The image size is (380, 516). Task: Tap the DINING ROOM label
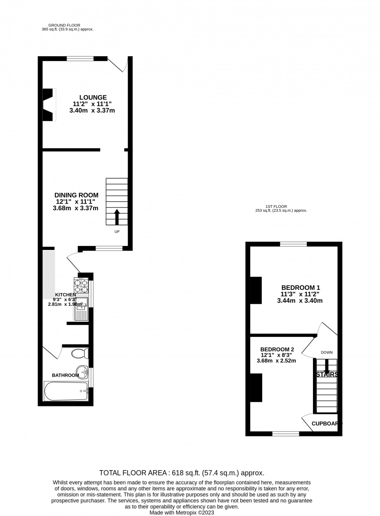pos(76,195)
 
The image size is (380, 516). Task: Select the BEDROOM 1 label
pos(301,288)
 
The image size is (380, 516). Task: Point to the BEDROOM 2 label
pos(277,349)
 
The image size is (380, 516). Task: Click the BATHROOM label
pos(66,375)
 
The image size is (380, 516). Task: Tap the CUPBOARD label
pos(327,424)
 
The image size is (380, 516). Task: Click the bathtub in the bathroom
pos(66,392)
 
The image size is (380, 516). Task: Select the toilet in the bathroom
pos(81,354)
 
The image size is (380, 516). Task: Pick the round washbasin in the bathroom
pos(82,370)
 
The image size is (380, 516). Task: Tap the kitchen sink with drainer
pos(81,309)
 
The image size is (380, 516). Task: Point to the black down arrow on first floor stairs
pos(327,365)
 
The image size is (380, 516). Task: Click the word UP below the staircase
pos(117,232)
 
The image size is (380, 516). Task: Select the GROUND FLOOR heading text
pos(67,25)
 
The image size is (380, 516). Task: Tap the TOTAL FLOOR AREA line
pos(182,473)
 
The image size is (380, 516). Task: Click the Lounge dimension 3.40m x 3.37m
pos(92,110)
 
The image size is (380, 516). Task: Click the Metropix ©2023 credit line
pos(182,513)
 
